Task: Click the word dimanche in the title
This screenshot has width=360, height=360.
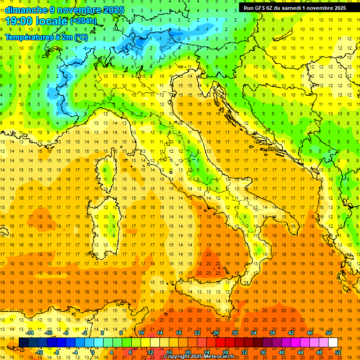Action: [x=26, y=10]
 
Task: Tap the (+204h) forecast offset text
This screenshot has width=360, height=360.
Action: [x=83, y=21]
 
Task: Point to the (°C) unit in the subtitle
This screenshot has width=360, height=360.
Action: [x=81, y=37]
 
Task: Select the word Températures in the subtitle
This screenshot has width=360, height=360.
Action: [x=28, y=37]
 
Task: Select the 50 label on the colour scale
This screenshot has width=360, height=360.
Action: [x=328, y=333]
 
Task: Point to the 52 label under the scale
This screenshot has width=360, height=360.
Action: [x=338, y=352]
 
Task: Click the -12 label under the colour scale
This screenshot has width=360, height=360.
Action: [x=39, y=352]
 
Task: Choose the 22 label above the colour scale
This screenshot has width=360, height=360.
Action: [x=197, y=333]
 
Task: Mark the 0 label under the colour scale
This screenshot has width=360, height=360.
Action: [x=93, y=352]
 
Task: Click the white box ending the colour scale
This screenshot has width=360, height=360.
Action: [x=333, y=343]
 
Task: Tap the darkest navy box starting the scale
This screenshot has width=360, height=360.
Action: [x=23, y=343]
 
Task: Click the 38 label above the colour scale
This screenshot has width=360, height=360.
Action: [x=272, y=333]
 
